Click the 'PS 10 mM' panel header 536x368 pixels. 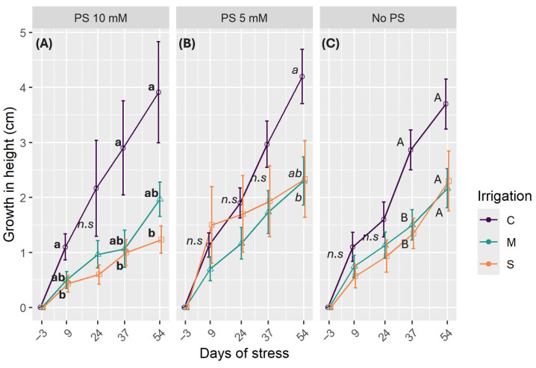101,16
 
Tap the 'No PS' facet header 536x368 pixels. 388,16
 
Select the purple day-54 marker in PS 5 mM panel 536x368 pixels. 302,77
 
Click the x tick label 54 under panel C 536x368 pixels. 446,325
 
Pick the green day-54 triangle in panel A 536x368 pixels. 159,199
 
